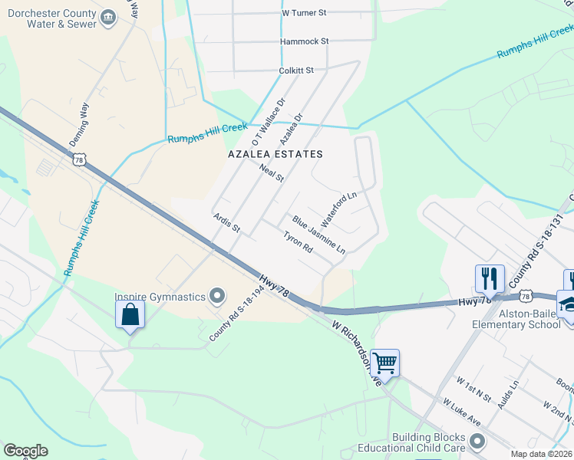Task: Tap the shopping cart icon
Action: (x=384, y=362)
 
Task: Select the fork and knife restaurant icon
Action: (x=490, y=278)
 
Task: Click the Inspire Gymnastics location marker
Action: (x=217, y=296)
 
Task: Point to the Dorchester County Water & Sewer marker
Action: (x=108, y=17)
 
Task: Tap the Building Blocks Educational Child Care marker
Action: (x=478, y=441)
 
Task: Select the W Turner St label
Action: (x=304, y=13)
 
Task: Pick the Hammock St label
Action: (x=304, y=41)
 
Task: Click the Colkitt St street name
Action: (x=297, y=71)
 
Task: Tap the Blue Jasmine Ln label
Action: (x=318, y=235)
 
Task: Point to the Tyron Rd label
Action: (x=298, y=243)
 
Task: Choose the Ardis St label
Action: (x=227, y=224)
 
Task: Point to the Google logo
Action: (x=25, y=451)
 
